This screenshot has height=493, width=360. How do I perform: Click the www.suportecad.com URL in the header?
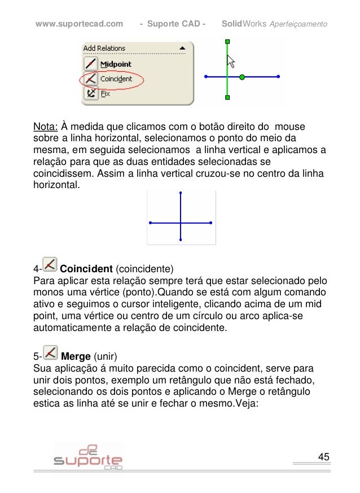79,24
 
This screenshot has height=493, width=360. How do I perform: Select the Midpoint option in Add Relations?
116,64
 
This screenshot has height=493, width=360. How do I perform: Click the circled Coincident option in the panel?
115,79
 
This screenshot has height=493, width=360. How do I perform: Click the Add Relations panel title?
104,49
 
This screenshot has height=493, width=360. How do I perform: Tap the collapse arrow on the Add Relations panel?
182,49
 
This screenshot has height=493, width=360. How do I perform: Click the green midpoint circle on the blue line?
242,76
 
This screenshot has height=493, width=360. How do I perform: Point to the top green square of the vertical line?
227,42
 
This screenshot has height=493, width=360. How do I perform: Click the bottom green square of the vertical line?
227,97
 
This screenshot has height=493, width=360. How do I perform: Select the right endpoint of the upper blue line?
279,76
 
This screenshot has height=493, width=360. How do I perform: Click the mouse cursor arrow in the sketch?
230,60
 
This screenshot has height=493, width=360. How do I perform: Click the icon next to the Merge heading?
50,354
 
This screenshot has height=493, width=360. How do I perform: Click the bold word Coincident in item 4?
86,268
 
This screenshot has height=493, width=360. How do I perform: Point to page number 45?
324,456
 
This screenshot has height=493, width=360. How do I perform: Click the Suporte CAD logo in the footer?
88,457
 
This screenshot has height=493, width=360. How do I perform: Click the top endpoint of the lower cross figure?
181,193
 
